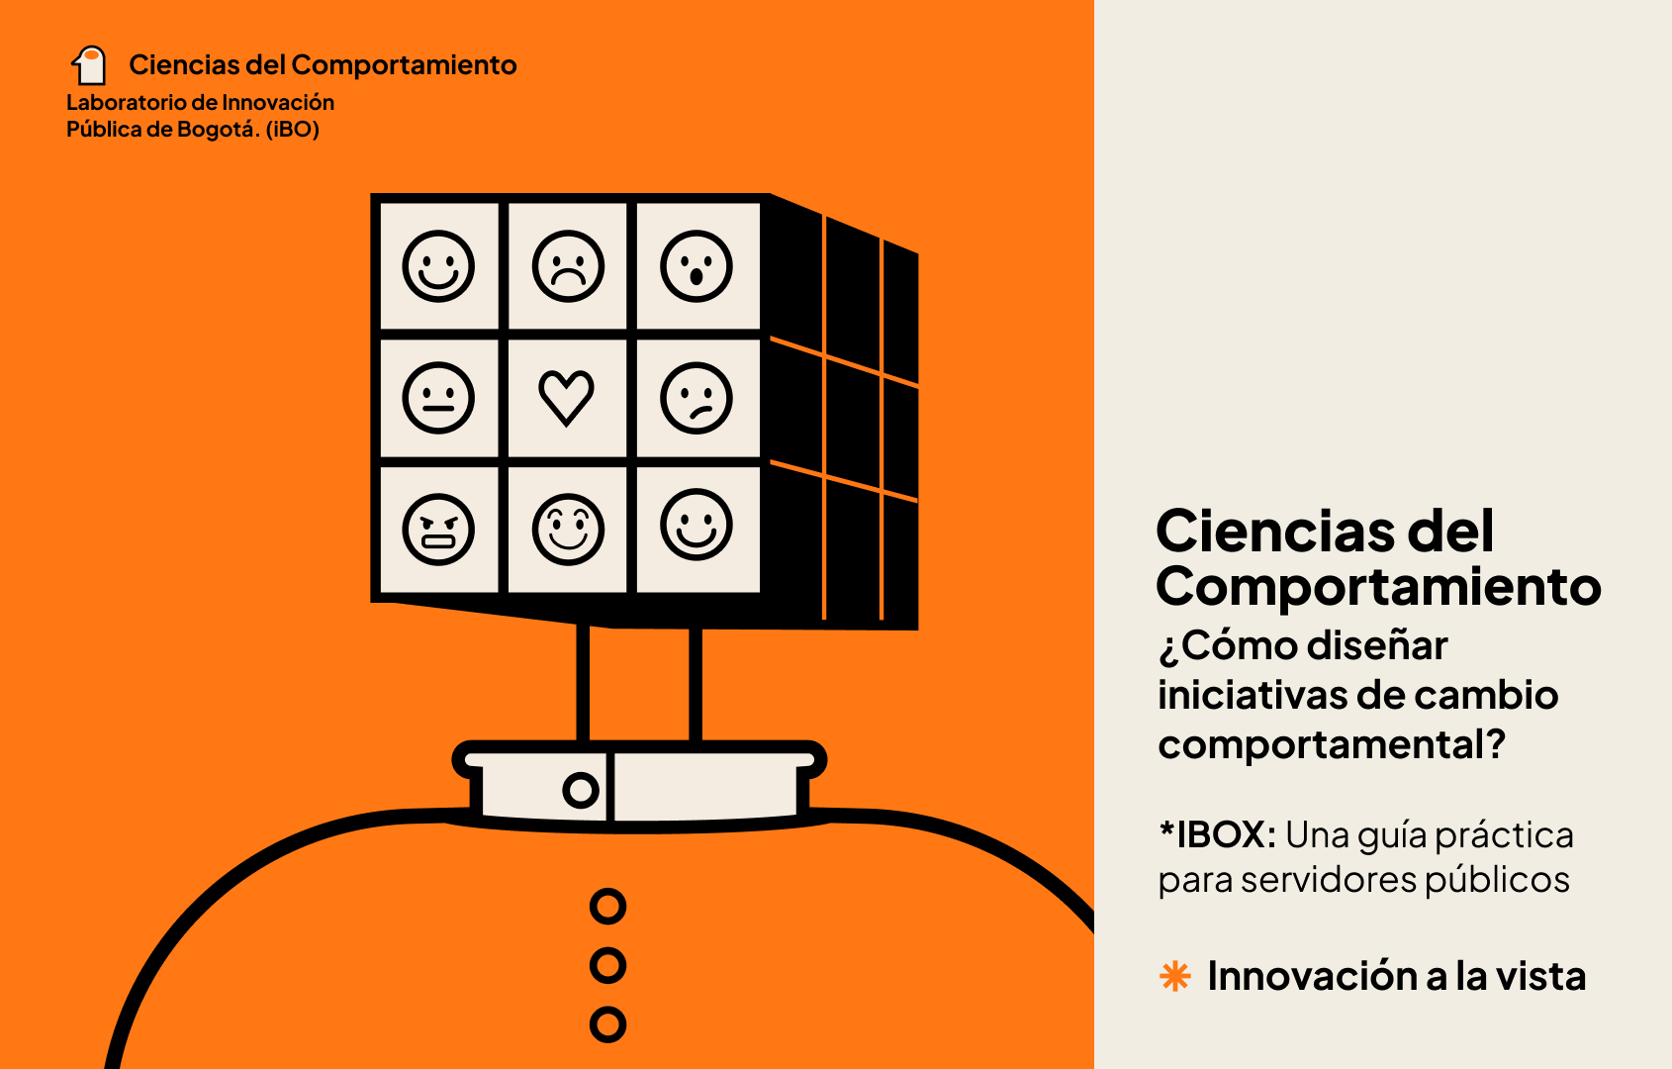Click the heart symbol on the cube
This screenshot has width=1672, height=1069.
567,398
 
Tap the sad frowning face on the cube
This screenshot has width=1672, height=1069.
568,266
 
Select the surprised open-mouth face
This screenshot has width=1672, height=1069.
697,266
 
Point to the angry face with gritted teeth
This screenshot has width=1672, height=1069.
438,530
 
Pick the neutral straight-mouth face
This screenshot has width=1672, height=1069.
438,398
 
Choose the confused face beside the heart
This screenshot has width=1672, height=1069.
697,398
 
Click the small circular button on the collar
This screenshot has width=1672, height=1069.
581,790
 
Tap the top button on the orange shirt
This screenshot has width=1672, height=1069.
607,907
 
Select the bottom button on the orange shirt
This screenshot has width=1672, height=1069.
607,1024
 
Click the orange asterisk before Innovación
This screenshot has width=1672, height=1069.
1175,976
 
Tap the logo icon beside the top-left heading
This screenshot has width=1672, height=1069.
89,65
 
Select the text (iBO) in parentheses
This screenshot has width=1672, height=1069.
293,130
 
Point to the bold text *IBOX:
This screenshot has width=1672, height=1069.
1217,834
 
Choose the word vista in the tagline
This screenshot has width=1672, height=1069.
1545,976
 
